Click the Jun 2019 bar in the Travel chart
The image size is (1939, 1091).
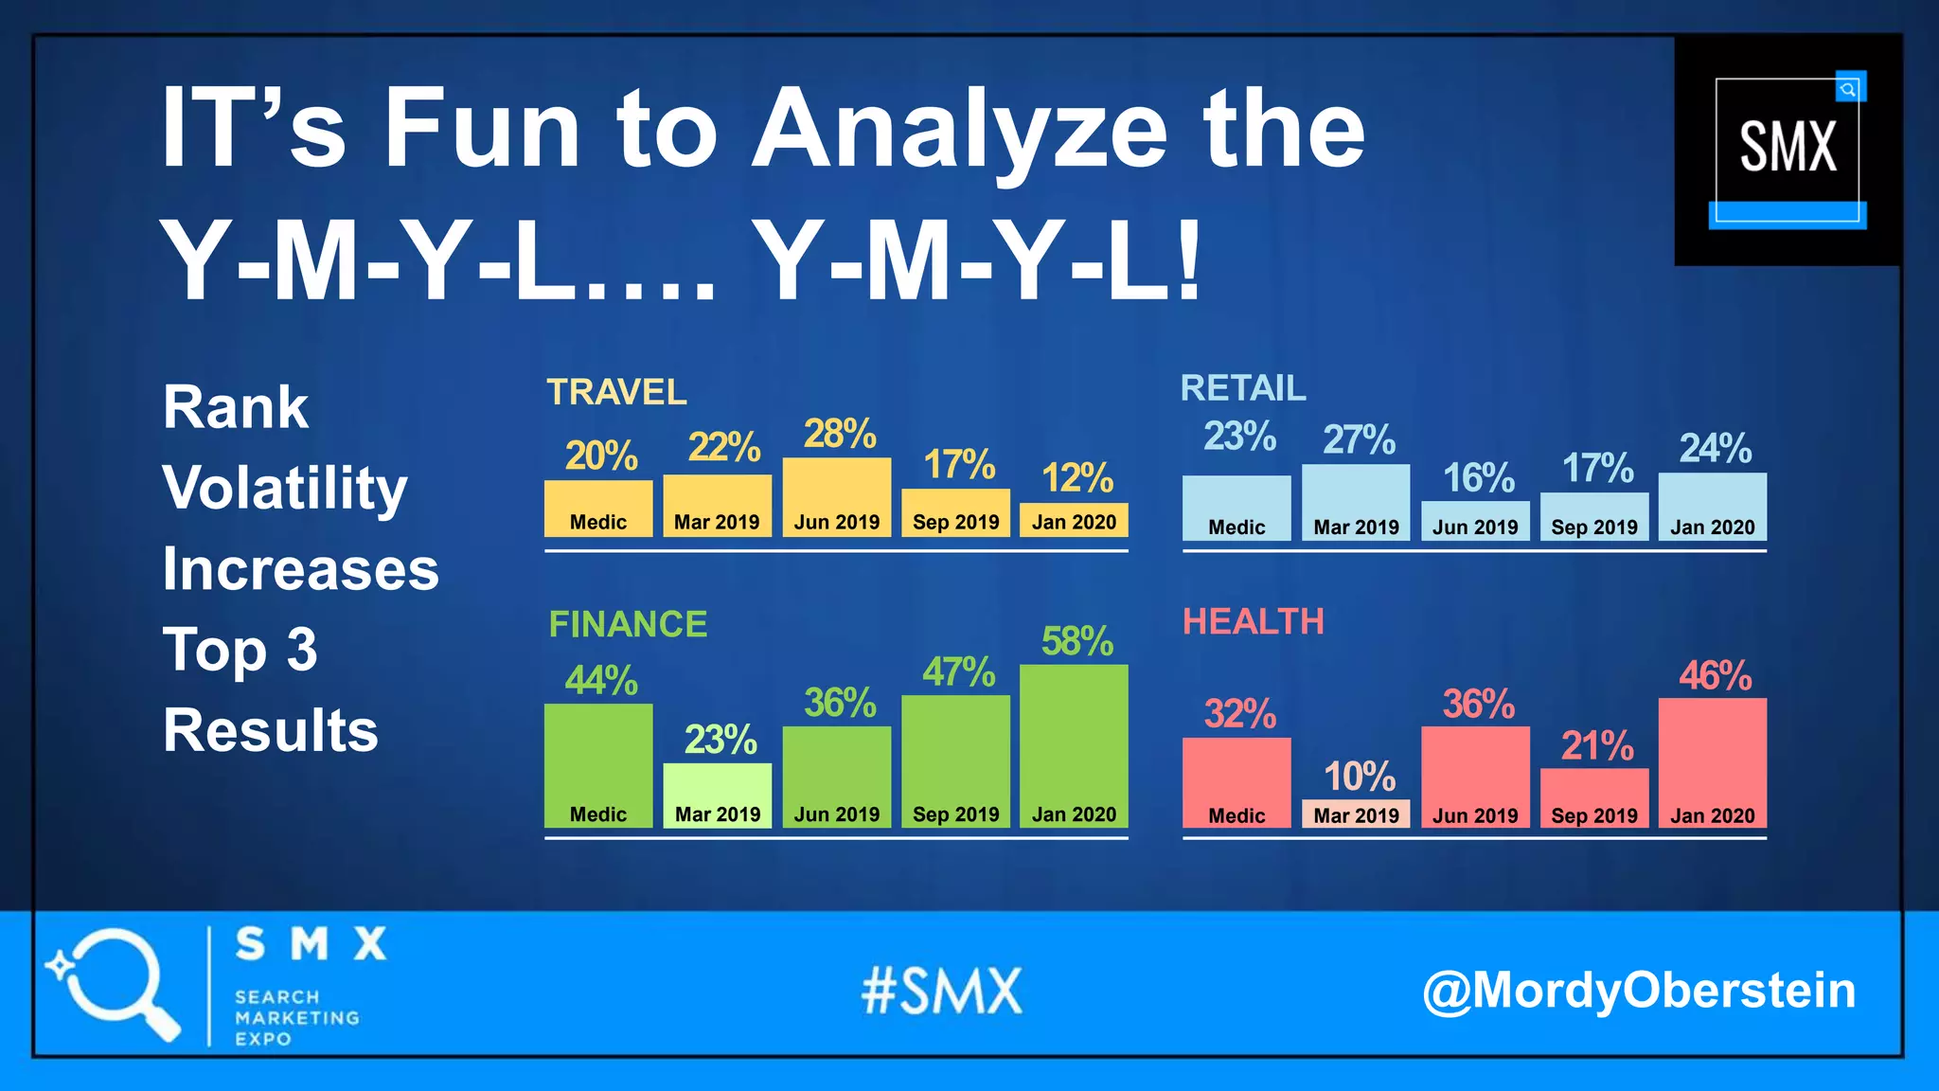[x=836, y=497]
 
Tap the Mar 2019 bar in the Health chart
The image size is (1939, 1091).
[x=1356, y=814]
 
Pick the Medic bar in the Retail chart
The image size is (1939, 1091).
[x=1236, y=509]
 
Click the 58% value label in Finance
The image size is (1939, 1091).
[x=1076, y=641]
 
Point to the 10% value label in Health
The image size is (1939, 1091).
[x=1359, y=777]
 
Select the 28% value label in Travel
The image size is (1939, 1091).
[x=840, y=434]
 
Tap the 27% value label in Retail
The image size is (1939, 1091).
[x=1359, y=439]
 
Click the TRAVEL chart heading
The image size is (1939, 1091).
[x=616, y=392]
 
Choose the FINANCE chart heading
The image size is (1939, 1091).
[x=628, y=624]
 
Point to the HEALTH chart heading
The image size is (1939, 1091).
[x=1253, y=621]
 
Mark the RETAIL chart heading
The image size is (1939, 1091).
[x=1242, y=388]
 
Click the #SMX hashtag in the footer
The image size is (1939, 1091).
[x=942, y=992]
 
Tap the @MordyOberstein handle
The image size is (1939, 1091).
[x=1638, y=991]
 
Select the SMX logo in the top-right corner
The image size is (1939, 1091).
[x=1788, y=149]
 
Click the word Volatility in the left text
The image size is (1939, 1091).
[x=284, y=489]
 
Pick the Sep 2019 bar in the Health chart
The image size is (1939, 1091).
[x=1593, y=797]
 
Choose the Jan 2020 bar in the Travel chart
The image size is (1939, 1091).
[x=1074, y=520]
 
